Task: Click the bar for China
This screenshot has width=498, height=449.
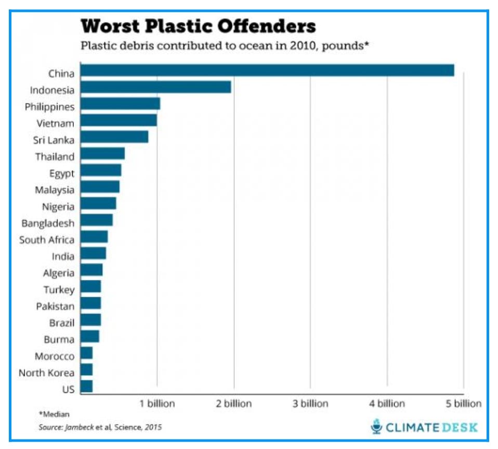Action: tap(267, 70)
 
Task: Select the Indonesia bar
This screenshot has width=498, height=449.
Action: tap(156, 87)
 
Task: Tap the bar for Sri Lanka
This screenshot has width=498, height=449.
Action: tap(114, 137)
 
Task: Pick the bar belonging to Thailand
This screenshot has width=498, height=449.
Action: tap(102, 154)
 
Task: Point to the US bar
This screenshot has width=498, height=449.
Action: tap(86, 386)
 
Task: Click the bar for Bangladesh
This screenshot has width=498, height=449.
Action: tap(97, 220)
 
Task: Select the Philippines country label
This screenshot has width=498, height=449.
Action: tap(49, 107)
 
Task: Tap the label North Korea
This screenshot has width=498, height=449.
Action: tap(46, 373)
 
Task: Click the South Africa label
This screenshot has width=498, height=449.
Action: tap(47, 240)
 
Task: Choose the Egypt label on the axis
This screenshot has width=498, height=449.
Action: tap(62, 173)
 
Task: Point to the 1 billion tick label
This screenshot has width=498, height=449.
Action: tap(158, 404)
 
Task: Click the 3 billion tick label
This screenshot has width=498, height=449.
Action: tap(310, 404)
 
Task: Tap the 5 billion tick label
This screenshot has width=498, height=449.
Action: tap(464, 404)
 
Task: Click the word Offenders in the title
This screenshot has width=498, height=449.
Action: tap(265, 26)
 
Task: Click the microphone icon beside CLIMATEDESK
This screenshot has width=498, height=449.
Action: tap(376, 428)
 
